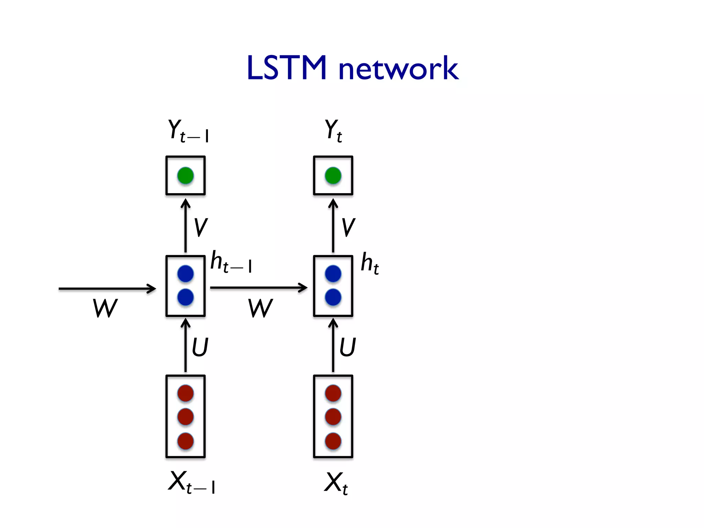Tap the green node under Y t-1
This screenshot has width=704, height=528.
pos(185,176)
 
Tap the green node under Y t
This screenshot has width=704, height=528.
pos(333,176)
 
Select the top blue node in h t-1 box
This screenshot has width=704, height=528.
pos(185,274)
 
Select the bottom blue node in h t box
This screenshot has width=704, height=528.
pos(333,297)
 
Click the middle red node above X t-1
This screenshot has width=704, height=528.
pos(185,417)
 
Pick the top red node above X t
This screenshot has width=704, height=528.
pos(333,393)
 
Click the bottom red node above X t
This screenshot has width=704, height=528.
pos(333,441)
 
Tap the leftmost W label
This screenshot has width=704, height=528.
pos(105,308)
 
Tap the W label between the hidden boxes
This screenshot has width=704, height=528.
pos(260,308)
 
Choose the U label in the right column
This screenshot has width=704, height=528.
pos(348,347)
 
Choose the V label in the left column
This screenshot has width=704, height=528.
pos(200,228)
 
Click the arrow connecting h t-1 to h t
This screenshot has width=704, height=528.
pos(258,287)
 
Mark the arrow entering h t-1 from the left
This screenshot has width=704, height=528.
pos(107,288)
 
